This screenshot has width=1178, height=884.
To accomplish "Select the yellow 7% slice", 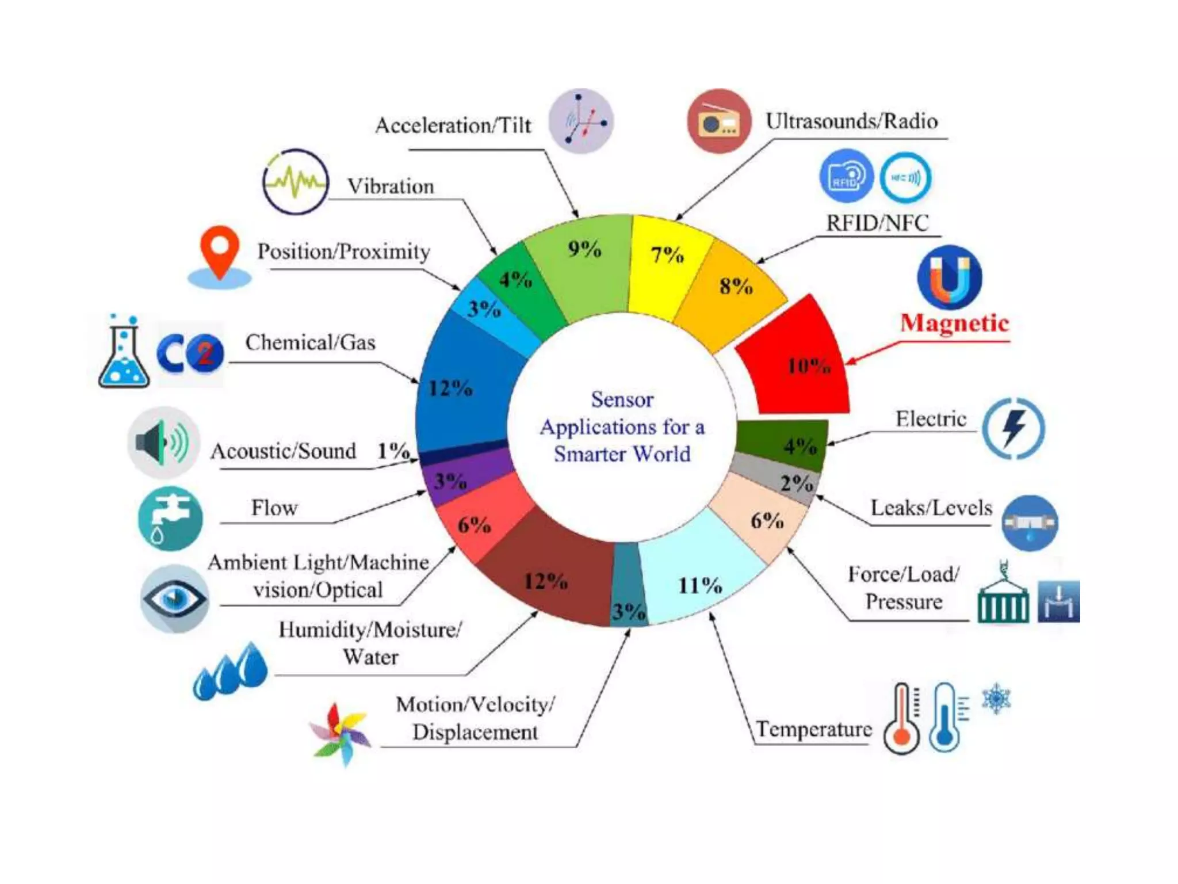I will pos(667,265).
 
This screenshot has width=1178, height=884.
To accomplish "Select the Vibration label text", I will pos(391,186).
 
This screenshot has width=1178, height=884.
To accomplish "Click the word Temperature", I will pos(813,729).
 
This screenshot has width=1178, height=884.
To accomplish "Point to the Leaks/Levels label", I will pos(931,508).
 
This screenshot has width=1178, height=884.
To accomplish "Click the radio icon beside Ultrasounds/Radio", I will pos(719,121).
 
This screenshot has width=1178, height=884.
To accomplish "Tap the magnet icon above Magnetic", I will pos(950,277).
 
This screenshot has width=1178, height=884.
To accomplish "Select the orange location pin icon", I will pos(220,253).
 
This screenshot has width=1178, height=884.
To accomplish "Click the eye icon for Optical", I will pos(175,599).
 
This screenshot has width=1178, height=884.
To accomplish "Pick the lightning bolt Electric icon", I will pos(1013,428).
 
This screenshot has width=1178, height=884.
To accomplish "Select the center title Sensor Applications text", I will pos(622,426).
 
